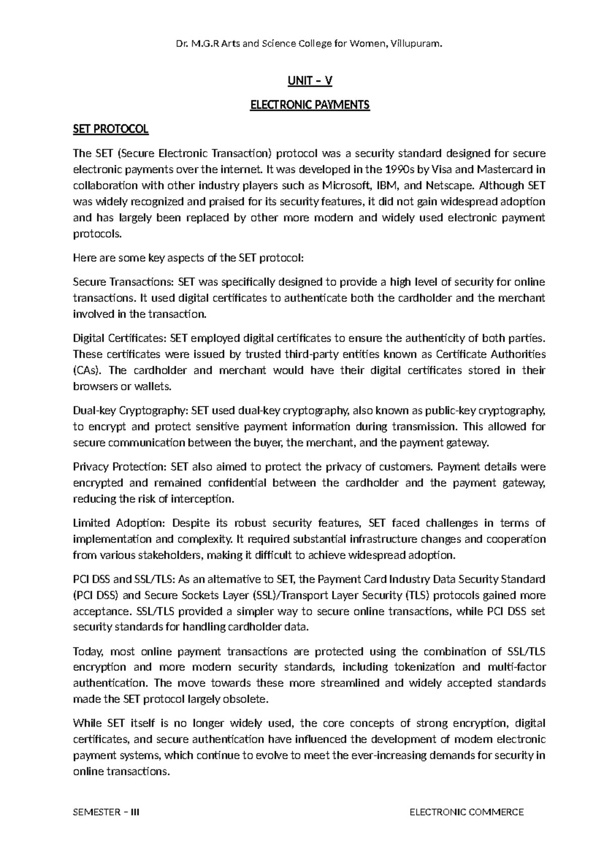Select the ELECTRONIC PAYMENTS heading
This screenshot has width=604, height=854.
point(310,105)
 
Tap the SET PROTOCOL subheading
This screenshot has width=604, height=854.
point(111,129)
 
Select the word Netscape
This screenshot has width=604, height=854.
point(449,185)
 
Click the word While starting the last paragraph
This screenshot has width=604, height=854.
point(87,724)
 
